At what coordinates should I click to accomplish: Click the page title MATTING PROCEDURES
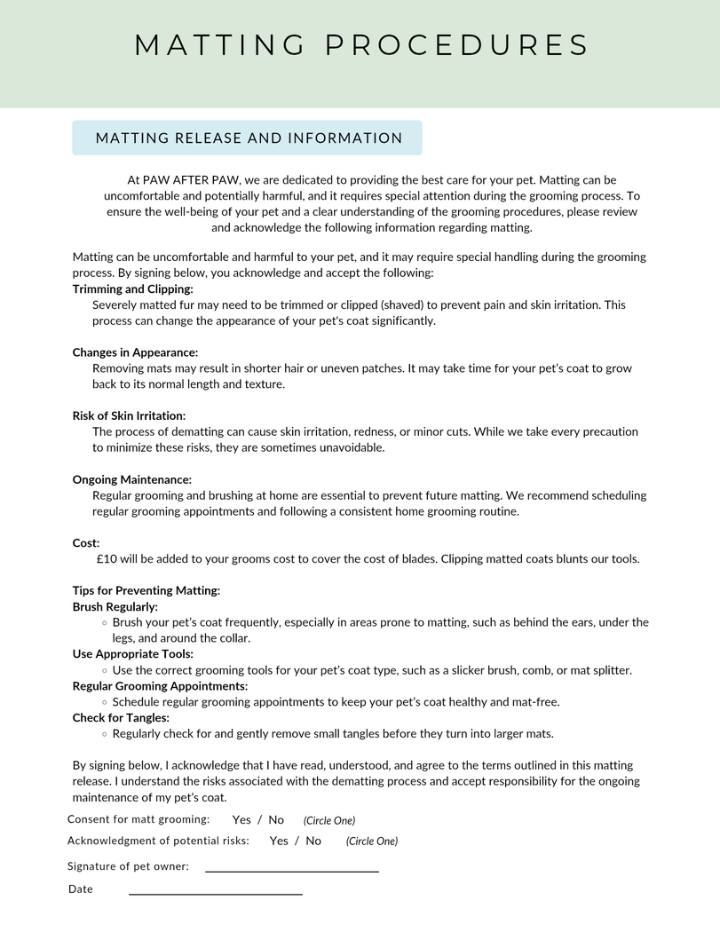tap(361, 45)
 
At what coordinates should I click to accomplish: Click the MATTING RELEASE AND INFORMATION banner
tap(249, 138)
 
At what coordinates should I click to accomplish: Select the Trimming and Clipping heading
tap(132, 288)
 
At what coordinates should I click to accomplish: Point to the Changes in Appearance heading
tap(135, 352)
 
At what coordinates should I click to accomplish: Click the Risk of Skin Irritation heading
tap(129, 415)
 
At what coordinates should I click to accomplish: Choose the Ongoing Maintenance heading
tap(131, 479)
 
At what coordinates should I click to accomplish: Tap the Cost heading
tap(85, 542)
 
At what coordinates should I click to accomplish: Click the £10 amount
tap(107, 559)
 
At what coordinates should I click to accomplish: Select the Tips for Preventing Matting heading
tap(146, 590)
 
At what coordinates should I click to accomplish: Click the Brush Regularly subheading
tap(115, 607)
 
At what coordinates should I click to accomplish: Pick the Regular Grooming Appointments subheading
tap(160, 686)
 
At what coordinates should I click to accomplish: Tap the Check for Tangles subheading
tap(120, 717)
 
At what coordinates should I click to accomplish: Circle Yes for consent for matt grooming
tap(241, 820)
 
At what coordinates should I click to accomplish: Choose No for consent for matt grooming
tap(276, 820)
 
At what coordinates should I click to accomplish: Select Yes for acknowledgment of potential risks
tap(279, 841)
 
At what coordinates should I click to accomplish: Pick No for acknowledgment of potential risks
tap(313, 841)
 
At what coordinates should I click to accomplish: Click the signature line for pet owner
tap(292, 869)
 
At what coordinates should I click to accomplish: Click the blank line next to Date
tap(216, 891)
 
